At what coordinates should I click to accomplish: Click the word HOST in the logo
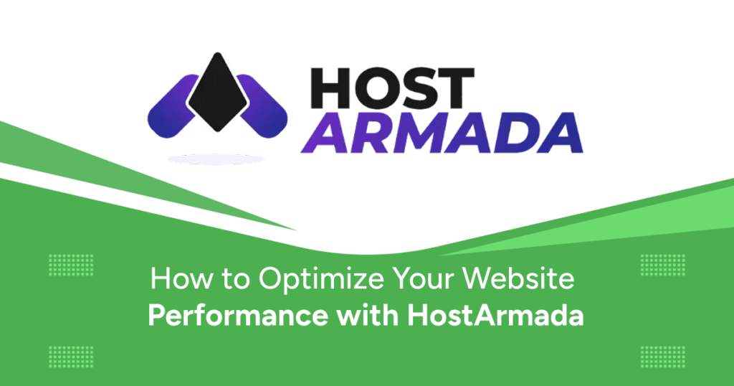click(x=392, y=88)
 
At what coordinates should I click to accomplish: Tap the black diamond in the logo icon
click(x=217, y=92)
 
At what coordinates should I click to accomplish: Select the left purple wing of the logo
click(x=173, y=106)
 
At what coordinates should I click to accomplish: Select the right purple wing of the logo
click(x=262, y=106)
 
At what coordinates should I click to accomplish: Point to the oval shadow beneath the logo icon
click(x=216, y=159)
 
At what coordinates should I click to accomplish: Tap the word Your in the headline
click(x=424, y=279)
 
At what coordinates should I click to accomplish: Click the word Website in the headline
click(x=519, y=279)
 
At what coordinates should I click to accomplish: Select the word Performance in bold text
click(x=238, y=316)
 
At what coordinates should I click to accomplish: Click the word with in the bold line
click(x=368, y=315)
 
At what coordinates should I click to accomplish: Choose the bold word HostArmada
click(x=495, y=315)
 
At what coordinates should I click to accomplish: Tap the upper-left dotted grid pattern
click(x=71, y=265)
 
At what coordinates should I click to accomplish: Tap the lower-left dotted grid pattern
click(x=71, y=357)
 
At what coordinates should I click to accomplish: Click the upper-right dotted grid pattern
click(x=662, y=265)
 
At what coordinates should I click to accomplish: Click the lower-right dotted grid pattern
click(x=662, y=357)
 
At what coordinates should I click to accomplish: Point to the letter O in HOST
click(x=373, y=88)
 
